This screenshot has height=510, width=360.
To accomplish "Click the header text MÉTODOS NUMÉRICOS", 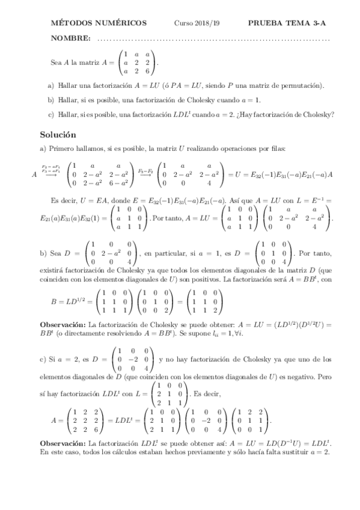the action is tap(99, 23).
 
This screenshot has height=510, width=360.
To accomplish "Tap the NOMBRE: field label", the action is tap(72, 38).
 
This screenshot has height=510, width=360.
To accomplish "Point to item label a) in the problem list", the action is tap(50, 85).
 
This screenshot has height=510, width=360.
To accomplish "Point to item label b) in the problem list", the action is tap(50, 100).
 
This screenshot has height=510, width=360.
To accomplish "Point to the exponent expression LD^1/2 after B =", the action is tap(73, 299).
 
